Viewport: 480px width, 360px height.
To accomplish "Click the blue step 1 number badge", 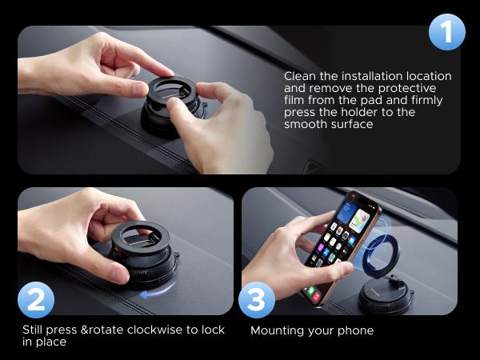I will point(446,32).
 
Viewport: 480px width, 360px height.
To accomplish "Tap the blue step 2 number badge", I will point(36,300).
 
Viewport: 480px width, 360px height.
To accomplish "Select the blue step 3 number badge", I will point(256,300).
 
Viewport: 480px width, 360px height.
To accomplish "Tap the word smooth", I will point(305,124).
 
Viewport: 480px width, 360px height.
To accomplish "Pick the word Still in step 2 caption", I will point(35,330).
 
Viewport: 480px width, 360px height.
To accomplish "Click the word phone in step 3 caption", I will point(355,330).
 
